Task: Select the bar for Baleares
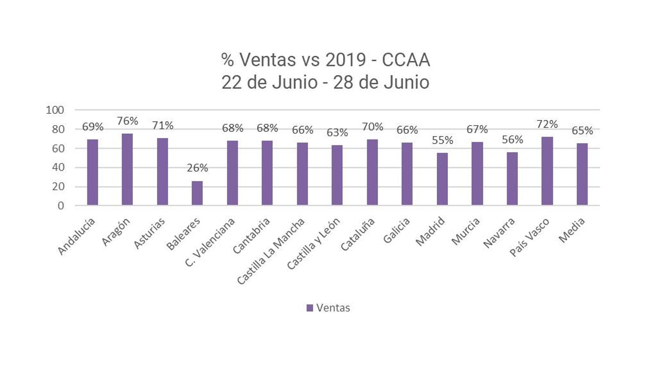(197, 193)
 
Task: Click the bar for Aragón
(127, 169)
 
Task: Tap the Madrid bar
(442, 179)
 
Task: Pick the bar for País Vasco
(547, 171)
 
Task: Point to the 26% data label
(197, 168)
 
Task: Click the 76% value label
(127, 121)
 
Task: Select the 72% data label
(547, 124)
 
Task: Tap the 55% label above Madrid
(442, 140)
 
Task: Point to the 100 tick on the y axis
(55, 110)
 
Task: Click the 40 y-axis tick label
(58, 167)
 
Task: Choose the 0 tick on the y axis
(61, 206)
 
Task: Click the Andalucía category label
(77, 237)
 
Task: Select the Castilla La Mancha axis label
(271, 251)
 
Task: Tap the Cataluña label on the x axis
(357, 234)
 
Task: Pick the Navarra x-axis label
(499, 232)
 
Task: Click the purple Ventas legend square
(310, 308)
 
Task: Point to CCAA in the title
(405, 60)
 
